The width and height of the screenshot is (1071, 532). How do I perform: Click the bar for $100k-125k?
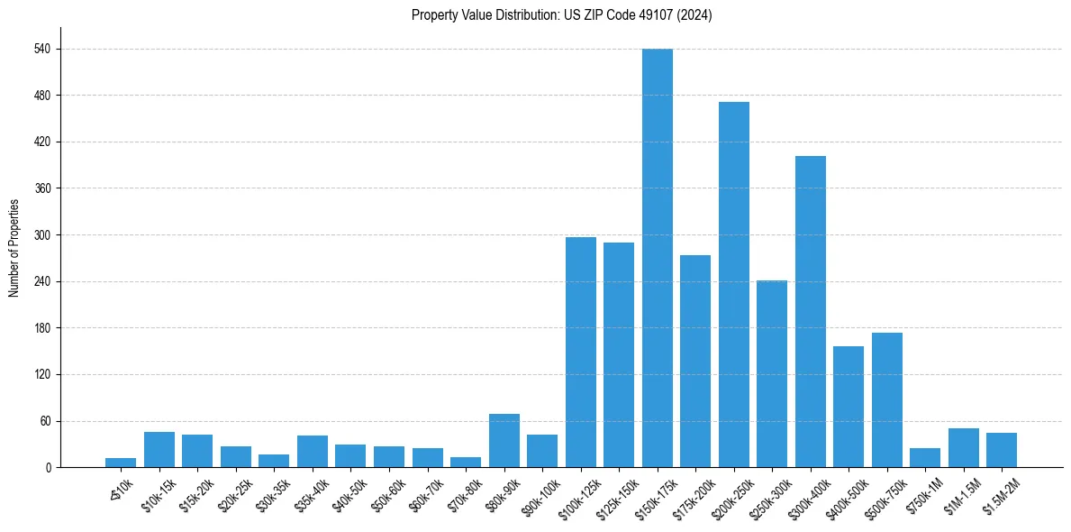[x=580, y=352]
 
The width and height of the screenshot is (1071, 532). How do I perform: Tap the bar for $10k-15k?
[x=159, y=449]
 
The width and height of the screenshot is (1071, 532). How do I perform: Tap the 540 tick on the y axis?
[x=47, y=49]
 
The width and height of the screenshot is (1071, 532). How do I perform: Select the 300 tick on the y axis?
[x=47, y=235]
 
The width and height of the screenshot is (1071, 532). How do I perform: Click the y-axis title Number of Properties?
[x=14, y=248]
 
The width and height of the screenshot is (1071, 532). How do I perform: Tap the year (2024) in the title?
[x=697, y=15]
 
